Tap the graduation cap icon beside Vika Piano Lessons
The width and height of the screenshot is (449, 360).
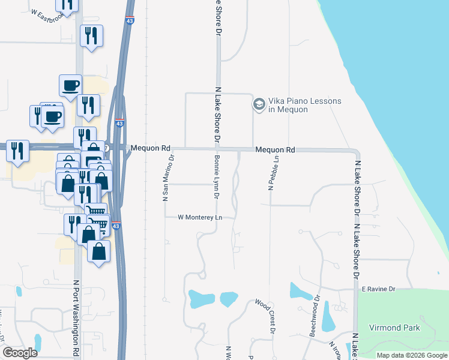[259, 105]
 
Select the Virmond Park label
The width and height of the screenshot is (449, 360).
[395, 328]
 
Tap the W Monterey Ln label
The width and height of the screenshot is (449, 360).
[200, 217]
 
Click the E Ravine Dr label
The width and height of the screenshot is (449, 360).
[379, 289]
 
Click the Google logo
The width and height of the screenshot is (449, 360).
[20, 353]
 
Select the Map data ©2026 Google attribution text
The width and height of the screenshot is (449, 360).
[412, 355]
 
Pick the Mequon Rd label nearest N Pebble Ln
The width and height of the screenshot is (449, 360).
[275, 149]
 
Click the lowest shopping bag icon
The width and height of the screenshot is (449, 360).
[99, 251]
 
